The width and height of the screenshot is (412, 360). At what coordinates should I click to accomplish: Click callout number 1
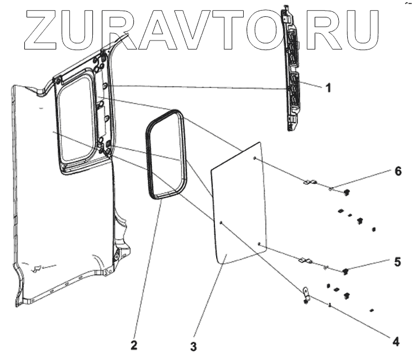click(x=329, y=87)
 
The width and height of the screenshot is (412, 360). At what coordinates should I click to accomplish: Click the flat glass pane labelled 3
click(x=239, y=202)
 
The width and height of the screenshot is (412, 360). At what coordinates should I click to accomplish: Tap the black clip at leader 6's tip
click(x=346, y=192)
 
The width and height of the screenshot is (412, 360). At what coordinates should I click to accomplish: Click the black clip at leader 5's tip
click(x=345, y=272)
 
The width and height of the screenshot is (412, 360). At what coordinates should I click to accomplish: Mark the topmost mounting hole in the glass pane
click(x=254, y=159)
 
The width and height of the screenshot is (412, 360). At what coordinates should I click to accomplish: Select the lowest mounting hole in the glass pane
click(x=258, y=244)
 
